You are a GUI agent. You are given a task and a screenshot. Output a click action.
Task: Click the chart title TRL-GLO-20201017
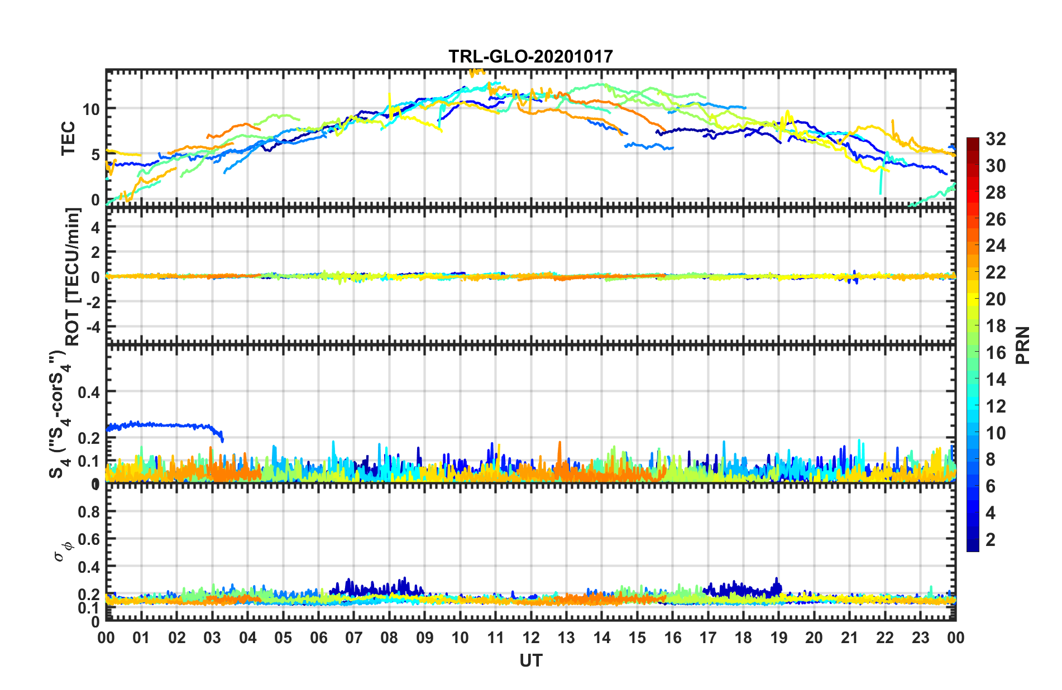click(x=530, y=56)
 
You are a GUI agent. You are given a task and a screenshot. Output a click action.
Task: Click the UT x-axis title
click(x=530, y=660)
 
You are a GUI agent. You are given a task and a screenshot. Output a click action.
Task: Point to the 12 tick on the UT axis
click(x=531, y=638)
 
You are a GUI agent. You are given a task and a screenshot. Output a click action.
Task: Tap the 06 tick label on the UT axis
click(x=318, y=638)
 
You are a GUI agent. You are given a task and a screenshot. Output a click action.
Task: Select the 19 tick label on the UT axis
click(x=778, y=638)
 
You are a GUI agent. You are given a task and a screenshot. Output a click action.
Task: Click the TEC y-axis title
click(x=68, y=138)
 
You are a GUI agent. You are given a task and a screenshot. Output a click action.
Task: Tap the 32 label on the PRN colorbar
click(x=996, y=139)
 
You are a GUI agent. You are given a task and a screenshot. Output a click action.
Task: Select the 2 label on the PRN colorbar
click(x=991, y=539)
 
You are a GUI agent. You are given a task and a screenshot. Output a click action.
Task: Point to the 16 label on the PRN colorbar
click(x=996, y=353)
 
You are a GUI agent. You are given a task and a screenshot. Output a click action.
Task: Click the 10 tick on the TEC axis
click(x=92, y=109)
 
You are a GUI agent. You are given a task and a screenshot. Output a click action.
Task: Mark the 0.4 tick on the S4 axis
click(x=89, y=392)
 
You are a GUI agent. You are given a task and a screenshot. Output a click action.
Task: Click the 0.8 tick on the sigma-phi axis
click(x=89, y=511)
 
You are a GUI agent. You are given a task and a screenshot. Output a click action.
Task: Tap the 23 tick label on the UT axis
click(x=920, y=638)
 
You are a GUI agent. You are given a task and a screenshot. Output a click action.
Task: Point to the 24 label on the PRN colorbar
click(x=996, y=246)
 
